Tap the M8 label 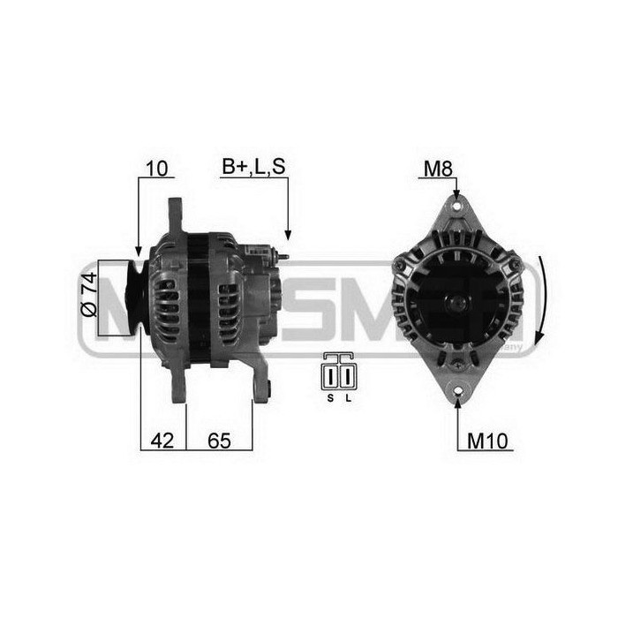click(437, 168)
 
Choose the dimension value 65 click(219, 440)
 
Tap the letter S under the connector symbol click(331, 398)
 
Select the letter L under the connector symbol click(348, 398)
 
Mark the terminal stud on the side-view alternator click(284, 257)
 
